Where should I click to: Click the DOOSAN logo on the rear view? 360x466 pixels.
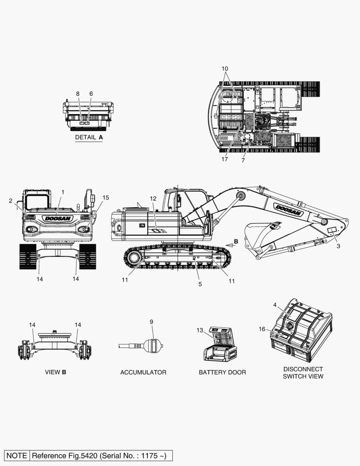click(x=58, y=219)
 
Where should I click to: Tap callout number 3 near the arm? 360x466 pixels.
click(x=338, y=246)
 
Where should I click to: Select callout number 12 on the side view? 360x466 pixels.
click(x=153, y=198)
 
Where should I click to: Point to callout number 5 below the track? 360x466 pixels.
click(x=200, y=284)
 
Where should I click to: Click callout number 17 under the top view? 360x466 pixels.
click(x=225, y=159)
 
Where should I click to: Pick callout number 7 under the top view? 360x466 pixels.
click(x=243, y=161)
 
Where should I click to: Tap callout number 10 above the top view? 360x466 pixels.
click(x=225, y=69)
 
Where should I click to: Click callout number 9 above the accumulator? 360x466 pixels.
click(x=151, y=322)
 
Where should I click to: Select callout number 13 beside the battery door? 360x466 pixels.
click(x=200, y=330)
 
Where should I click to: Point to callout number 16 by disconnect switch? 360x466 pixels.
click(x=262, y=329)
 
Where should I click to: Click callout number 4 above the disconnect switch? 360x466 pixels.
click(x=275, y=305)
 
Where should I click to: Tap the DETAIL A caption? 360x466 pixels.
click(x=89, y=137)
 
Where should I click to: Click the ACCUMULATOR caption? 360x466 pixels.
click(x=143, y=372)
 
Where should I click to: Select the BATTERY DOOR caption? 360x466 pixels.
click(x=222, y=372)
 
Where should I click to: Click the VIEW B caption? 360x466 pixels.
click(x=56, y=372)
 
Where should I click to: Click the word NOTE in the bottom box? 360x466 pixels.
click(x=17, y=456)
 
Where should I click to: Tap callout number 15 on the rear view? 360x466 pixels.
click(x=106, y=198)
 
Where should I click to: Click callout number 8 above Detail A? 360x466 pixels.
click(x=78, y=94)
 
